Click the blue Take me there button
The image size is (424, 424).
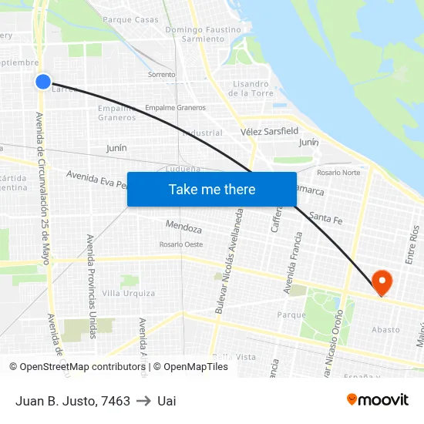pyautogui.click(x=212, y=189)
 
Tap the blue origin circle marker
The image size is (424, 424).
pyautogui.click(x=43, y=81)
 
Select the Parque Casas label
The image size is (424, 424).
pyautogui.click(x=130, y=20)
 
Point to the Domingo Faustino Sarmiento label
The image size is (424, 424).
pyautogui.click(x=204, y=34)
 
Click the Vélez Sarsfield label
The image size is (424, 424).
pyautogui.click(x=269, y=131)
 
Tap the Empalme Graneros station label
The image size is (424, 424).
pyautogui.click(x=176, y=108)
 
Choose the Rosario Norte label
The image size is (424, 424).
pyautogui.click(x=338, y=172)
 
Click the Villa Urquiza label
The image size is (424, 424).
pyautogui.click(x=129, y=293)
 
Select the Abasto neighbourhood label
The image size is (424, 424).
pyautogui.click(x=385, y=330)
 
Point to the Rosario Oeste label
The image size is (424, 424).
pyautogui.click(x=181, y=244)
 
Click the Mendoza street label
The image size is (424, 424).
pyautogui.click(x=183, y=227)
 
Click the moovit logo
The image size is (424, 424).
pyautogui.click(x=378, y=399)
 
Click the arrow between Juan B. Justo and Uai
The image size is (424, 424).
pyautogui.click(x=143, y=401)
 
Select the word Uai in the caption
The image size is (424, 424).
pyautogui.click(x=167, y=401)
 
